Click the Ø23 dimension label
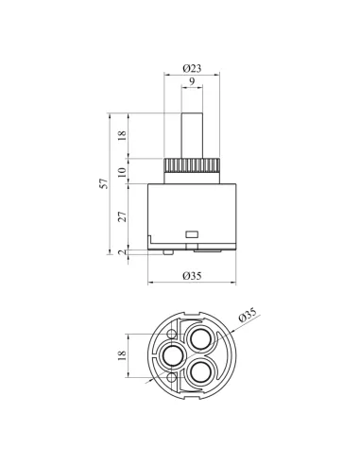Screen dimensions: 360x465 pyautogui.click(x=192, y=68)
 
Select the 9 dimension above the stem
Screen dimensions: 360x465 pyautogui.click(x=192, y=81)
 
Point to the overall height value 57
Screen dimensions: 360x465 pyautogui.click(x=104, y=183)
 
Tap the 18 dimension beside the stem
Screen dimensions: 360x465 pyautogui.click(x=122, y=135)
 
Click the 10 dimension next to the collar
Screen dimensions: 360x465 pyautogui.click(x=122, y=172)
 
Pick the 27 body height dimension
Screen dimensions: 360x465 pyautogui.click(x=122, y=216)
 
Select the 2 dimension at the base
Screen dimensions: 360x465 pyautogui.click(x=122, y=252)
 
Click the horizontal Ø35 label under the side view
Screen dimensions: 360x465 pyautogui.click(x=192, y=276)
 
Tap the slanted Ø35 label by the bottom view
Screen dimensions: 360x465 pyautogui.click(x=248, y=315)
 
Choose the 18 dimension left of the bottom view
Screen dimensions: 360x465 pyautogui.click(x=122, y=355)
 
